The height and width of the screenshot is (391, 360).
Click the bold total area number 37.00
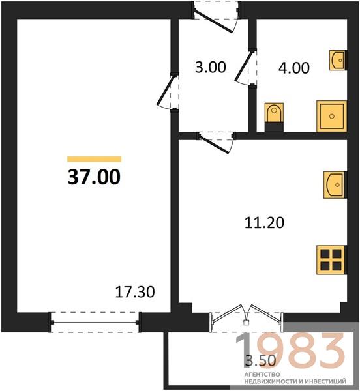click(94, 177)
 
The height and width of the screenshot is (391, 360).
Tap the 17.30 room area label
click(135, 292)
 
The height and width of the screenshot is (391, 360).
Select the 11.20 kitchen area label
click(264, 223)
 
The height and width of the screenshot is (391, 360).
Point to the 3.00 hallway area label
click(211, 67)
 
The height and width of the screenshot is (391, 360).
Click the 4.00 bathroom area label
click(294, 68)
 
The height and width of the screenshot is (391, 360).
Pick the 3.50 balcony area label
click(261, 360)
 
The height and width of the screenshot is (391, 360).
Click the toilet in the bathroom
click(274, 117)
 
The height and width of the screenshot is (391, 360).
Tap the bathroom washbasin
click(338, 60)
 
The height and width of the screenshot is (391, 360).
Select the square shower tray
click(331, 116)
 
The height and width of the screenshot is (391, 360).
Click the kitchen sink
click(335, 185)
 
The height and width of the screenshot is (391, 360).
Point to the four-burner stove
click(331, 260)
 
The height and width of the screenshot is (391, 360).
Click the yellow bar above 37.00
click(95, 159)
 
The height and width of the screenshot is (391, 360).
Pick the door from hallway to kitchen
click(216, 143)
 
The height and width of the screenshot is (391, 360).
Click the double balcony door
click(247, 315)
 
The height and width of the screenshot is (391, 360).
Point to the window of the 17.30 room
click(95, 322)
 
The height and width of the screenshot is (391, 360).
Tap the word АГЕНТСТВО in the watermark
click(262, 375)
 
